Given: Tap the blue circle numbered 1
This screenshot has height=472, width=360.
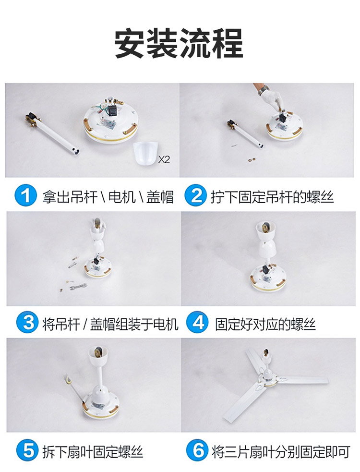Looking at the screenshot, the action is pyautogui.click(x=25, y=195).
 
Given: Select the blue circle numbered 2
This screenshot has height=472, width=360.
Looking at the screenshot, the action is pyautogui.click(x=195, y=195).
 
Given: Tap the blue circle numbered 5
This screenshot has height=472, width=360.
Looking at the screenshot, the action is pyautogui.click(x=28, y=450).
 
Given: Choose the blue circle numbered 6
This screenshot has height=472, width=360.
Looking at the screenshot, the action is pyautogui.click(x=197, y=450).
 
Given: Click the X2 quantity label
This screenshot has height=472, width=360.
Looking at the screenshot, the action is pyautogui.click(x=164, y=159).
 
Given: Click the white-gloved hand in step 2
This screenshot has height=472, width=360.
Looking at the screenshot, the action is pyautogui.click(x=273, y=101).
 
